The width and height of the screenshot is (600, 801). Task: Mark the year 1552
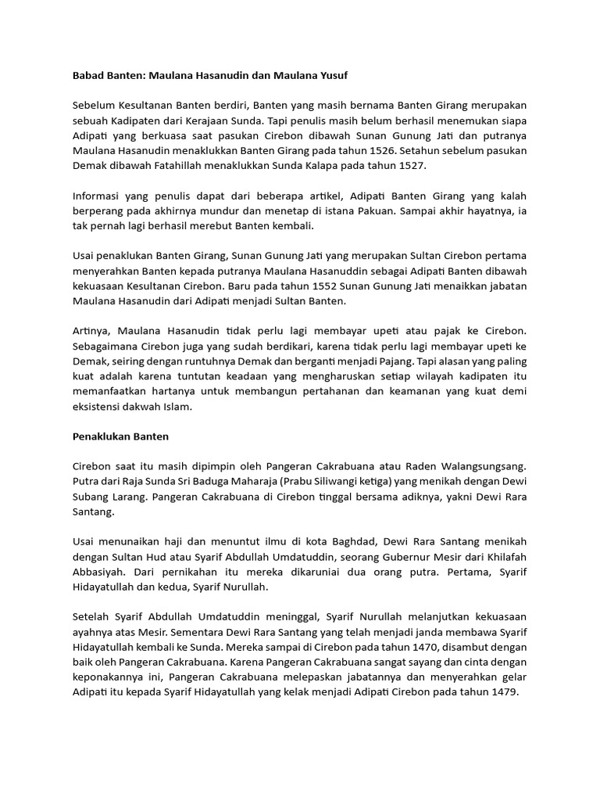point(282,286)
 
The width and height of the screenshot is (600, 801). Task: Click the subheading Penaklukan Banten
point(120,435)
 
